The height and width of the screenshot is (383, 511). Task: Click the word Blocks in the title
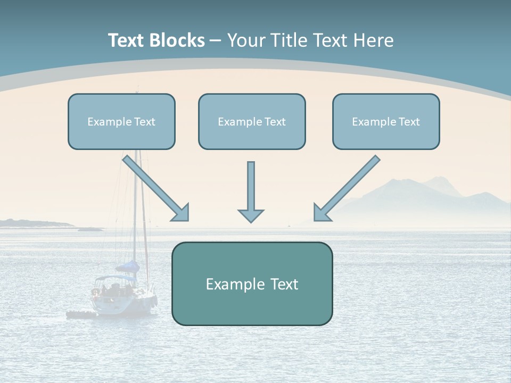tap(178, 40)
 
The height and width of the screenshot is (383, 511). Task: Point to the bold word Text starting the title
tap(127, 40)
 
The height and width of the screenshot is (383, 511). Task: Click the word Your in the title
tap(246, 40)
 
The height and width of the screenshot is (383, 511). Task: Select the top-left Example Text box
tap(121, 122)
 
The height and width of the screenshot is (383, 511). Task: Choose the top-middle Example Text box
tap(252, 122)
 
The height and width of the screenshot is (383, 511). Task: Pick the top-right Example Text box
tap(386, 122)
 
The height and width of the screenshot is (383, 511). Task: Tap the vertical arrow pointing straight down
tap(251, 189)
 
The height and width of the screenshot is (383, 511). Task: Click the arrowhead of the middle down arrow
tap(251, 215)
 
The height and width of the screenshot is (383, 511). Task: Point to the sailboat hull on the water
tap(125, 303)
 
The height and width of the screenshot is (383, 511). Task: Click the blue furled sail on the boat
tap(129, 267)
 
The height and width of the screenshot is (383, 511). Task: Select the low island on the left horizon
tap(32, 223)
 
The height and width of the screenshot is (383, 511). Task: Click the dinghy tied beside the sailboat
tap(80, 315)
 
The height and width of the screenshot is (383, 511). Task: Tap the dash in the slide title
tap(216, 40)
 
